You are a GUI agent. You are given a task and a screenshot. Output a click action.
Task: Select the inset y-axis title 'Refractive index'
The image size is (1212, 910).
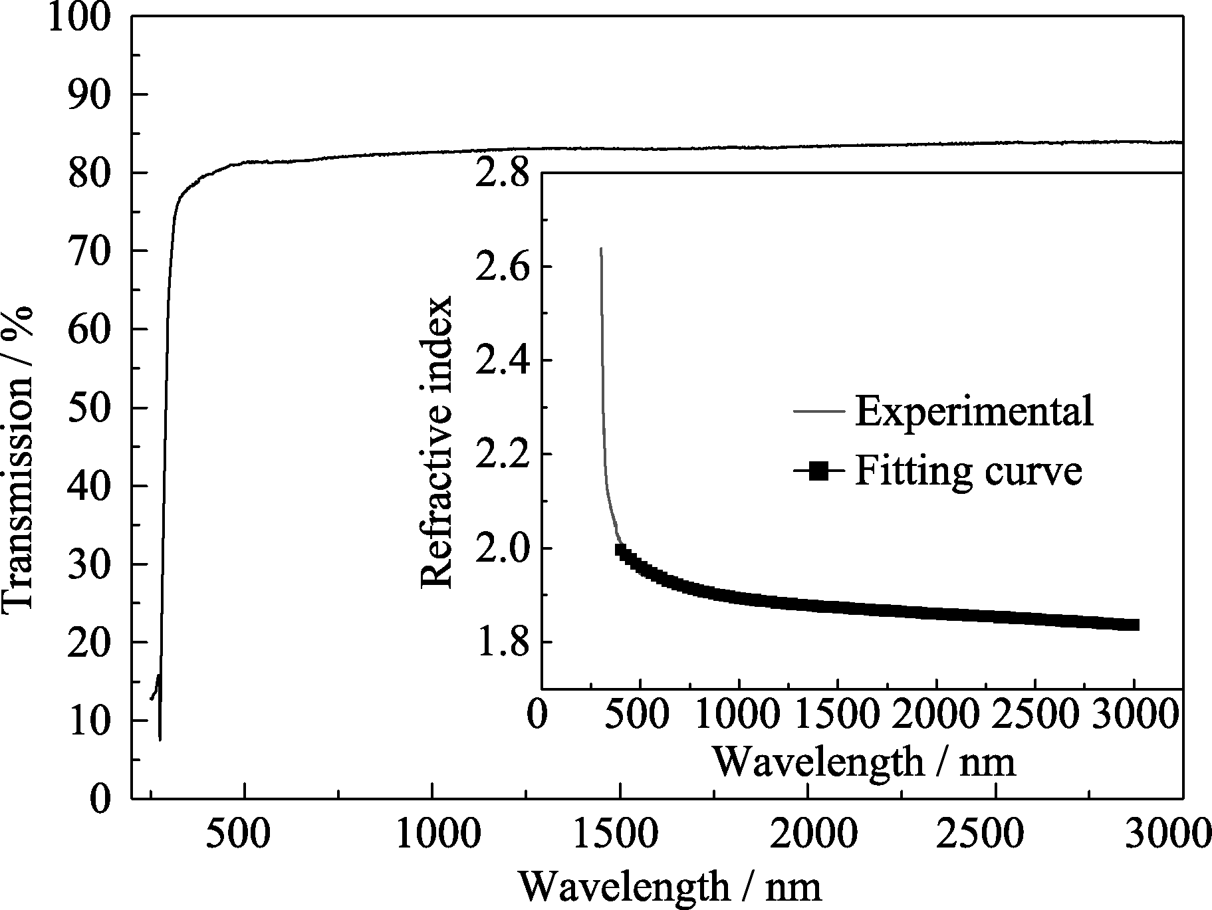click(x=437, y=442)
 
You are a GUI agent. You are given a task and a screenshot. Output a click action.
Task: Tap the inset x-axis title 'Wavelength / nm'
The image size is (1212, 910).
click(x=864, y=762)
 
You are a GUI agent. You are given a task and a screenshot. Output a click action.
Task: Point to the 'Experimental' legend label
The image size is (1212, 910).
click(x=974, y=411)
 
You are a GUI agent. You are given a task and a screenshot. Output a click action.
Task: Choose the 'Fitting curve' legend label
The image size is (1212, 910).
click(x=969, y=471)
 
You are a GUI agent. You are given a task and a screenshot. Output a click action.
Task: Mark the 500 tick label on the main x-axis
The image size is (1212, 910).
click(x=245, y=834)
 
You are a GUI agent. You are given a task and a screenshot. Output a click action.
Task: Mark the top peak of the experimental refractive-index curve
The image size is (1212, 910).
click(x=601, y=249)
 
